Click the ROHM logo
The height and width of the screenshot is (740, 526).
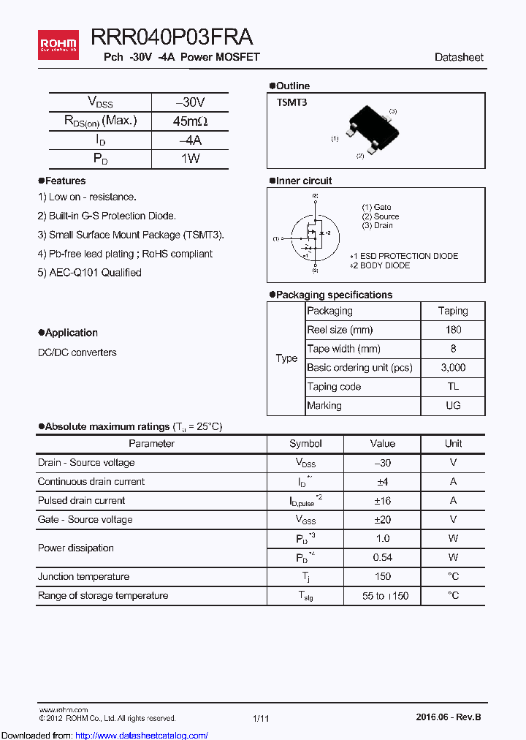(58, 45)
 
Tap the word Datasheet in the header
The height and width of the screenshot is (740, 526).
(459, 57)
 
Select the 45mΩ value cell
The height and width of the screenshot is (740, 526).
(190, 121)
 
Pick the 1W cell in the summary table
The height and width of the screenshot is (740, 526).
(190, 159)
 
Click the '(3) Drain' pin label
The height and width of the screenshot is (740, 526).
(377, 226)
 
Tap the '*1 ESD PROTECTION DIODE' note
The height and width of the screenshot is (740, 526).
(404, 256)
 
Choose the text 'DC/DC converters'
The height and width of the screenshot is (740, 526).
(77, 352)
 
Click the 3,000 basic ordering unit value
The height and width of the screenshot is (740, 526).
(453, 368)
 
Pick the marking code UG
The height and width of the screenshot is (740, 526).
(453, 406)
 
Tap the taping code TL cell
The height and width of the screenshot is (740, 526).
(453, 387)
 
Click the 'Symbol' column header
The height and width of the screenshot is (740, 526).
(305, 443)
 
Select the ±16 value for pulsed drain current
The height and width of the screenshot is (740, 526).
(382, 501)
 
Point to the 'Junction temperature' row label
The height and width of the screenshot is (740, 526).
(83, 577)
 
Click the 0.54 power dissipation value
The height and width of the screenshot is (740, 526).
(382, 558)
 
